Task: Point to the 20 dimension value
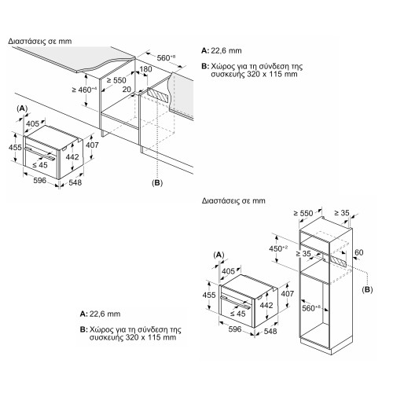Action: tap(127, 90)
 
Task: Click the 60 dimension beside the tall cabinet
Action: tap(358, 252)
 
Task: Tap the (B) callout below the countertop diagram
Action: tap(157, 182)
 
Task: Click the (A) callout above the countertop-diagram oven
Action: tap(23, 107)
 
